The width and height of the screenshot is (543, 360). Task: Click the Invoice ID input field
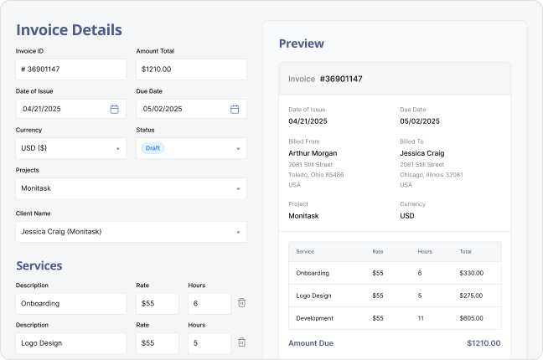pos(71,69)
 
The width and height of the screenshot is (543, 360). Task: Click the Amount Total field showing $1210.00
pos(191,69)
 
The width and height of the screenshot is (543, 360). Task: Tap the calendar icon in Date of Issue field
pos(114,109)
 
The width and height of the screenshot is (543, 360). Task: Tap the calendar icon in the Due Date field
pos(235,109)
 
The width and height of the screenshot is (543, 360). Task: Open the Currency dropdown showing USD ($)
pos(71,148)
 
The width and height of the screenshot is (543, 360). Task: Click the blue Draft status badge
pos(153,148)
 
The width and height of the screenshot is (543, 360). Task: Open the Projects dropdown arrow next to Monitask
pos(238,188)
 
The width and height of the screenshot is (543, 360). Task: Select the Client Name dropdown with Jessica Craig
pos(131,231)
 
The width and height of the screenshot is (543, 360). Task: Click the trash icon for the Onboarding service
pos(241,303)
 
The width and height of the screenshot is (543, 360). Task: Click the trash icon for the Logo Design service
pos(241,342)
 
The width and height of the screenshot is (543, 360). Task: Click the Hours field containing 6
pos(209,303)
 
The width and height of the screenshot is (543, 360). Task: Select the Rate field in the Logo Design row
pos(157,342)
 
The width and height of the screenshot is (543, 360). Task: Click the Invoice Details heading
pos(69,30)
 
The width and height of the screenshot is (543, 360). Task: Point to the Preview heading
pos(301,44)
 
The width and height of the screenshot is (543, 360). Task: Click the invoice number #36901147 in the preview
pos(340,79)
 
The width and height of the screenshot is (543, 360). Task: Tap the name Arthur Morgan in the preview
pos(313,153)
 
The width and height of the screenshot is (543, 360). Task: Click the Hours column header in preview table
pos(425,251)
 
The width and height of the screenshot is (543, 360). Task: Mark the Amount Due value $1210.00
pos(484,342)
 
